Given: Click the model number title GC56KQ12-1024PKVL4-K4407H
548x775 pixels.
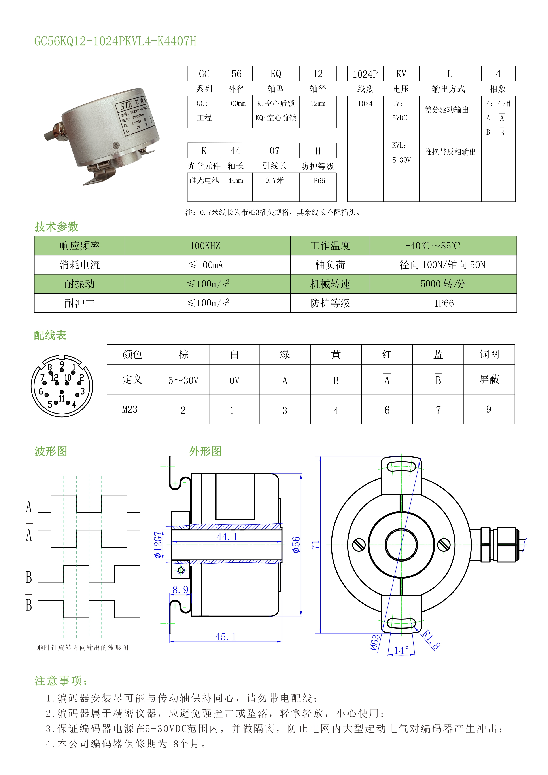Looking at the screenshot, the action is click(115, 41).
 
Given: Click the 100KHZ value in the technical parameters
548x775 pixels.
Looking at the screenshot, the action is click(205, 246).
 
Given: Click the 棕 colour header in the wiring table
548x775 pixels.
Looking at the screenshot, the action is click(183, 354).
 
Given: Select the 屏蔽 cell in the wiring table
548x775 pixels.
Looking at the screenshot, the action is click(489, 379).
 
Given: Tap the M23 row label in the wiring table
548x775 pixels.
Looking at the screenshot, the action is click(130, 409).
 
